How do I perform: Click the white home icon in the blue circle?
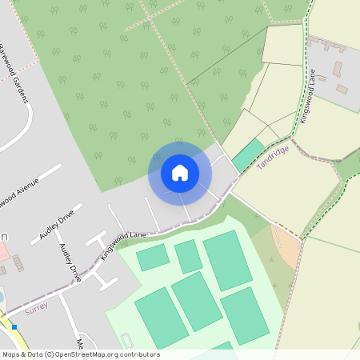180,173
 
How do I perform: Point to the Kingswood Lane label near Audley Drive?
124,244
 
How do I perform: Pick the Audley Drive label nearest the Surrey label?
71,262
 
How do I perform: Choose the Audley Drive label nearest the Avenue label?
56,225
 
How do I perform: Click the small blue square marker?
14,326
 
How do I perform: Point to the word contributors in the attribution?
138,354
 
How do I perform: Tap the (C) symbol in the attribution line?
50,354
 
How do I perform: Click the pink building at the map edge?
2,253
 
